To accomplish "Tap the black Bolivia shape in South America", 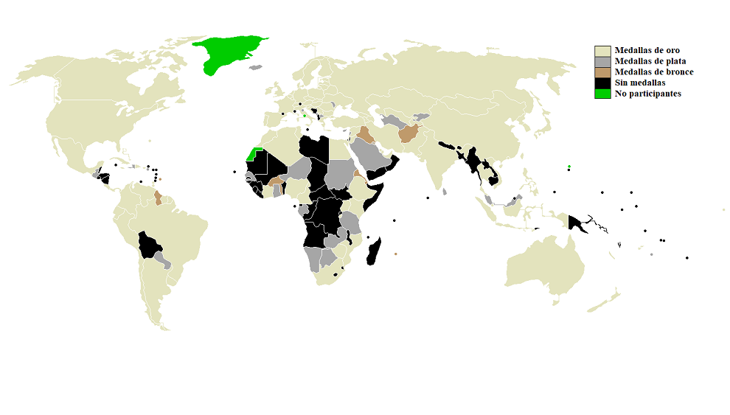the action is pos(150,243).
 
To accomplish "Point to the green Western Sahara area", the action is pos(253,155).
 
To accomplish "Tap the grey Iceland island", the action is pos(256,67).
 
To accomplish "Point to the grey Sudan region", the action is pos(338,174).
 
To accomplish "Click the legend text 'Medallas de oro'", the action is pos(647,50).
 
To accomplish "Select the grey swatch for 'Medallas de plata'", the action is pos(602,61).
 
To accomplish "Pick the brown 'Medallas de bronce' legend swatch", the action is pos(602,72).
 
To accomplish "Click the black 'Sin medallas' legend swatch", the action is pos(602,83).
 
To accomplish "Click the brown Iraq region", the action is pos(364,135).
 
